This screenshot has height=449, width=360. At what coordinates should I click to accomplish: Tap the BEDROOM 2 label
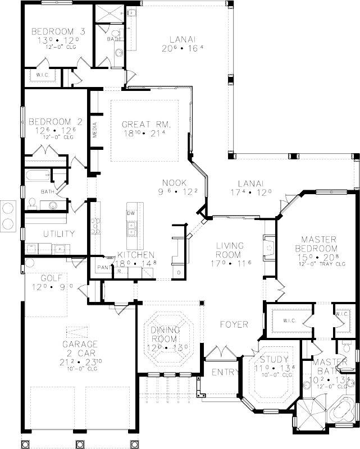pyautogui.click(x=51, y=121)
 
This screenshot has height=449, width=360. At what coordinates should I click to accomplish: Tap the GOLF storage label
pyautogui.click(x=53, y=278)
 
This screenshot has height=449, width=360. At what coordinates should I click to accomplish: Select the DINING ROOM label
pyautogui.click(x=164, y=335)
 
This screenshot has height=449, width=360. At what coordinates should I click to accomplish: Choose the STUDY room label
pyautogui.click(x=274, y=359)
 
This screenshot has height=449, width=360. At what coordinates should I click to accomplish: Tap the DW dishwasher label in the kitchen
pyautogui.click(x=131, y=213)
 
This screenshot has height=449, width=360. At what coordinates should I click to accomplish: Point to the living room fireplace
pyautogui.click(x=268, y=246)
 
